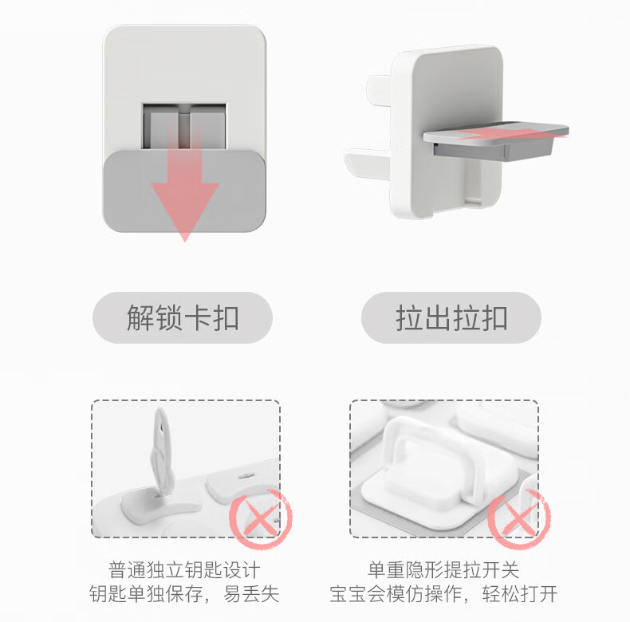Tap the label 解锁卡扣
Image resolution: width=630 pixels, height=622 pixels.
click(183, 318)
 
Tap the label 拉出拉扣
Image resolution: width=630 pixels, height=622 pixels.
click(451, 318)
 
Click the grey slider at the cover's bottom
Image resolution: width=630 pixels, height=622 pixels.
click(184, 191)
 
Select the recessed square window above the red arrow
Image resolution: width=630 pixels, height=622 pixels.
click(184, 126)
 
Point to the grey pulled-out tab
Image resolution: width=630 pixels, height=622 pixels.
click(496, 140)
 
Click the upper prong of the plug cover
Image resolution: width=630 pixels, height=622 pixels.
click(380, 89)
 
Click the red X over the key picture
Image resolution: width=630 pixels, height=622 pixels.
click(261, 518)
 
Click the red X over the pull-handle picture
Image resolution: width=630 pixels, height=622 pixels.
click(518, 518)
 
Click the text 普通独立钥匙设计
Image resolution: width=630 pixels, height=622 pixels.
click(184, 569)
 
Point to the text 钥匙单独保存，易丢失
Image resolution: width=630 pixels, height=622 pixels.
click(184, 594)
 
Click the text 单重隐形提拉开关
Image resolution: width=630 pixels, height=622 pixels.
click(443, 569)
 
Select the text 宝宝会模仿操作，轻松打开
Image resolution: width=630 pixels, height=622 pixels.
click(443, 594)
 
